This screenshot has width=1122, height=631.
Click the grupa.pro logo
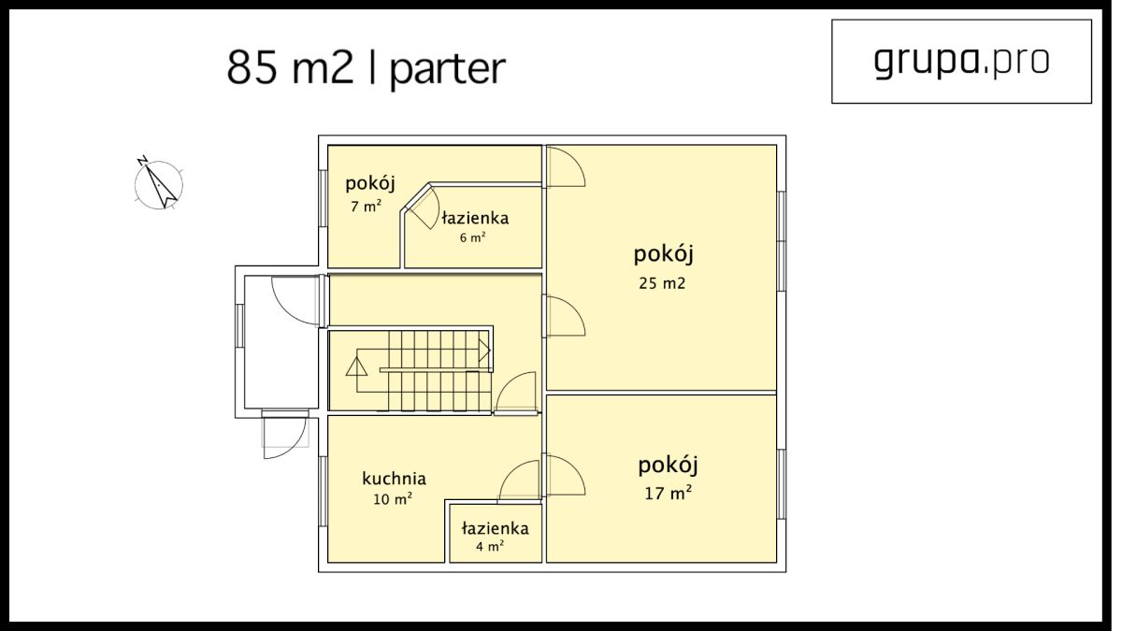[x=961, y=62]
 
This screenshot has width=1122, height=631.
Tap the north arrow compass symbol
[x=158, y=184]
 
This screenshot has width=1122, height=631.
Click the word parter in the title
[x=448, y=69]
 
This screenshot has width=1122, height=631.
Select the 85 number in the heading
[x=252, y=67]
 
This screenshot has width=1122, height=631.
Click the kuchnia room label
[x=395, y=479]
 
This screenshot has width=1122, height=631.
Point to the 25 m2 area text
[x=662, y=283]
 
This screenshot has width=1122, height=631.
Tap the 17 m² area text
[x=669, y=494]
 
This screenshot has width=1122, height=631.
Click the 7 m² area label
[x=367, y=206]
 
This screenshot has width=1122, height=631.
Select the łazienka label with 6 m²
[x=475, y=219]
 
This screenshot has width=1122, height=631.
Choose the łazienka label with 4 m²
[x=496, y=528]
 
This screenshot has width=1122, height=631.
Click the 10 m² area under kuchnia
[x=393, y=499]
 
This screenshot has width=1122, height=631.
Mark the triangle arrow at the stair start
[x=356, y=366]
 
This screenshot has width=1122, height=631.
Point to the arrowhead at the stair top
[x=484, y=350]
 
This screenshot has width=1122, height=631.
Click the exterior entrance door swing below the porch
[x=284, y=437]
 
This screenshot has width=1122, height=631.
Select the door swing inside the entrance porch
[x=296, y=300]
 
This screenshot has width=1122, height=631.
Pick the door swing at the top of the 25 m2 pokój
[x=566, y=166]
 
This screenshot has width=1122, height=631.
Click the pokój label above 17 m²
[x=668, y=466]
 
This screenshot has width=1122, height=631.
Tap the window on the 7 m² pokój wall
[x=324, y=198]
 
